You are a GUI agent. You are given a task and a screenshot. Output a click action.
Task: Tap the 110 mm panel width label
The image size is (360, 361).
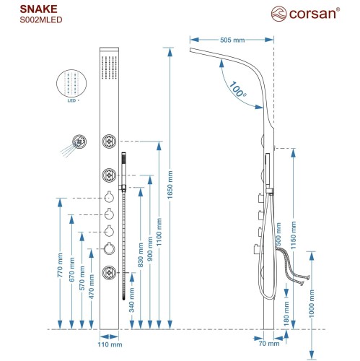(x=107, y=345)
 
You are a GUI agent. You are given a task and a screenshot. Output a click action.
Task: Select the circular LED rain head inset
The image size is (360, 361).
(x=71, y=83)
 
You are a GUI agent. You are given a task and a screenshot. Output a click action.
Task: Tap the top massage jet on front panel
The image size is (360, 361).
(x=110, y=140)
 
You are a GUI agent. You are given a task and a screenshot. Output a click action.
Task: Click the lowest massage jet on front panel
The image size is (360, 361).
(x=110, y=272)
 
